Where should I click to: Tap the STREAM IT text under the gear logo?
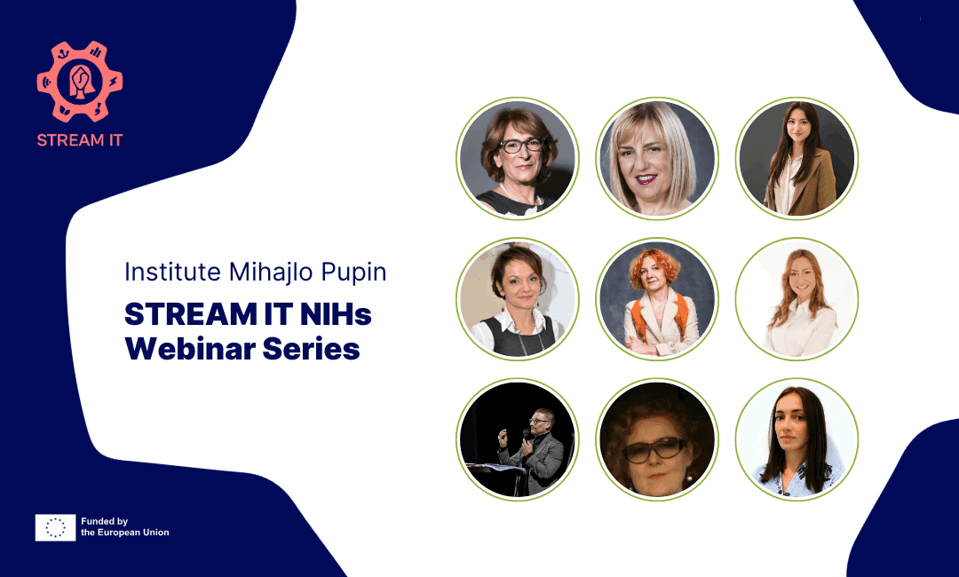[79, 140]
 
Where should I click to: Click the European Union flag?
[55, 527]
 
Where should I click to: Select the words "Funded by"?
[105, 521]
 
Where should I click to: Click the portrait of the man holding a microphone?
[518, 439]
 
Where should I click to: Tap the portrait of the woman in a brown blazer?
[797, 158]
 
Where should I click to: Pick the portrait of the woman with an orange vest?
[657, 299]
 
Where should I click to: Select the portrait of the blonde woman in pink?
[657, 158]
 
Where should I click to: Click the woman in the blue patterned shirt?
[797, 439]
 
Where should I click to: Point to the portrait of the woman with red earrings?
[518, 299]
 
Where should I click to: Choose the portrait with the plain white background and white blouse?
[797, 299]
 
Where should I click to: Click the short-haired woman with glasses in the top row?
[518, 158]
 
